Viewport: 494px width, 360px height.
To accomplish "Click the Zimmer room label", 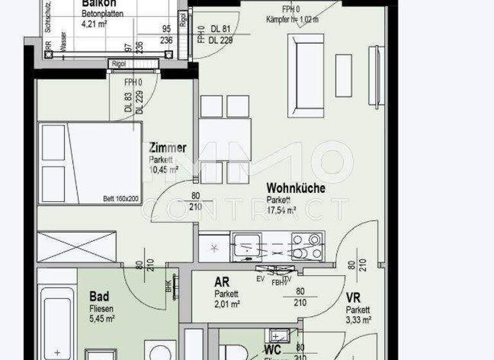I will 168,148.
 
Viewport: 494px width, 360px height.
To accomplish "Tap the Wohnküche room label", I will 296,188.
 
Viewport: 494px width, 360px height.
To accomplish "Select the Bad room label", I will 99,297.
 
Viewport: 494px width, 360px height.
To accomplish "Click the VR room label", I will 352,298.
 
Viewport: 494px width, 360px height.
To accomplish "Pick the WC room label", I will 272,350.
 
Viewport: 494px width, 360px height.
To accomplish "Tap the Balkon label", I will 98,3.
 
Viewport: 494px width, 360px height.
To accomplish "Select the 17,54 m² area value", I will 282,210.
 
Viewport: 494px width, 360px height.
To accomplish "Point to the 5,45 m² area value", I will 102,318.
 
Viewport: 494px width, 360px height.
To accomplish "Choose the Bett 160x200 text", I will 121,199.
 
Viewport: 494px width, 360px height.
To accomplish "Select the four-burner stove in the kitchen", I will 307,246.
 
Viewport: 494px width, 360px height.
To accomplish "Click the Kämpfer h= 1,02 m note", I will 293,20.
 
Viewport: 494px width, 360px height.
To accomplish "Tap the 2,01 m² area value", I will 227,304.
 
